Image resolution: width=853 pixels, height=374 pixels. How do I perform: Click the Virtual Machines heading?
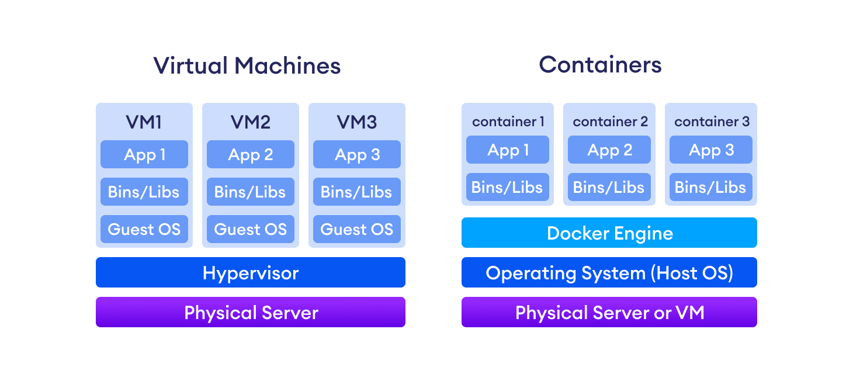point(247,65)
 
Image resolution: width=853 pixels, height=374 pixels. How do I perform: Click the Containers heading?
point(600,64)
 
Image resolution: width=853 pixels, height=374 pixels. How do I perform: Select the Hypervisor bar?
point(250,273)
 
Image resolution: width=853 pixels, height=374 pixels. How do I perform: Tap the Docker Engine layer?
point(609,233)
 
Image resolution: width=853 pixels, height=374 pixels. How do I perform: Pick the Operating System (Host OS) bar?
point(609,273)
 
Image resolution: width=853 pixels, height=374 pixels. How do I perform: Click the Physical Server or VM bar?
point(609,313)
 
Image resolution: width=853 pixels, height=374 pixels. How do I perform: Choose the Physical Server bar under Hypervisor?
point(250,313)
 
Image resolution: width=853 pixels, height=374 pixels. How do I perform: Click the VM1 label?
point(144,122)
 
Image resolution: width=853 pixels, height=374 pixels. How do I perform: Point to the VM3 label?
point(356,122)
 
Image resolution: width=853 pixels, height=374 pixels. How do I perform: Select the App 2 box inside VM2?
point(250,155)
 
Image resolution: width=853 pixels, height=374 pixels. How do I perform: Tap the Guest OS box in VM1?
point(144,229)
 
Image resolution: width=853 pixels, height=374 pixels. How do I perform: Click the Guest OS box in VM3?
point(356,229)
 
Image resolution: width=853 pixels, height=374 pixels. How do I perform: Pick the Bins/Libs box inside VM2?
point(250,192)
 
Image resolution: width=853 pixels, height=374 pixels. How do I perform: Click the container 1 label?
point(508,122)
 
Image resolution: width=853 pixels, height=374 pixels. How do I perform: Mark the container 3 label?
point(711,122)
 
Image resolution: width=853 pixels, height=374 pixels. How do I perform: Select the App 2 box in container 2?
point(609,150)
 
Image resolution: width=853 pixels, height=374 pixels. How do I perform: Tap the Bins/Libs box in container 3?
point(711,188)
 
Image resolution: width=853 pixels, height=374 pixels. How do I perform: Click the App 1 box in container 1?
point(508,150)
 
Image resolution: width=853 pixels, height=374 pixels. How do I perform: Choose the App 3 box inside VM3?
point(356,155)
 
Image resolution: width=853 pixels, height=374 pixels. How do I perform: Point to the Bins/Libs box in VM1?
point(144,192)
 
